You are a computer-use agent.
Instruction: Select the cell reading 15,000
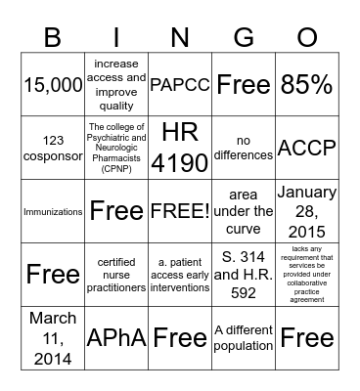coord(52,85)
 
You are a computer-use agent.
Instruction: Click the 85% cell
coord(307,85)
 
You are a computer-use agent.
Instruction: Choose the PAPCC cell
coord(180,85)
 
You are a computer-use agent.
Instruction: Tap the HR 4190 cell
coord(180,147)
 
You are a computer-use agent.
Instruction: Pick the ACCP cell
coord(307,147)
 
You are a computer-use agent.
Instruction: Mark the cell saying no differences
coord(244,147)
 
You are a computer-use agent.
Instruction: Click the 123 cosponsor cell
coord(52,147)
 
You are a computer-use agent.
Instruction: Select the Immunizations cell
coord(52,210)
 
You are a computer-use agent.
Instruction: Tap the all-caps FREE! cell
coord(180,210)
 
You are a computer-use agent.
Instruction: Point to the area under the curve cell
coord(244,210)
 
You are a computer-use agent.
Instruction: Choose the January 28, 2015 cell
coord(307,210)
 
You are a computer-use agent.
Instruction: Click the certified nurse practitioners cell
coord(116,274)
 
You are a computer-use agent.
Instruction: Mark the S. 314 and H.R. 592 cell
coord(244,274)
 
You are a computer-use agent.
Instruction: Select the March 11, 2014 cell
coord(52,337)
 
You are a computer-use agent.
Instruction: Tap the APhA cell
coord(116,337)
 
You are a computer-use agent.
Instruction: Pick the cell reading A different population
coord(244,337)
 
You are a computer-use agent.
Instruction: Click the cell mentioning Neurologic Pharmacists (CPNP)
coord(116,147)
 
